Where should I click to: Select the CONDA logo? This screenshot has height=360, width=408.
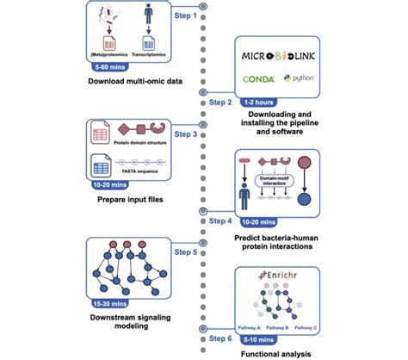[x=259, y=79]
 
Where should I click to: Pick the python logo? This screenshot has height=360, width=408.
[x=299, y=79]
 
